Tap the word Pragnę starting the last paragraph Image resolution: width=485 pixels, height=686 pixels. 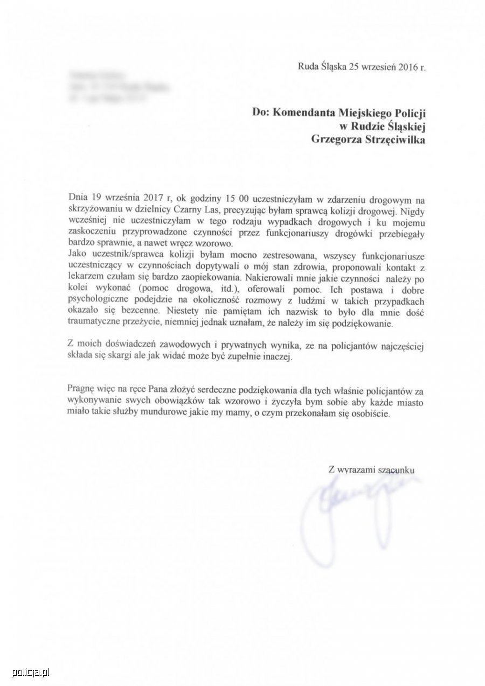82,389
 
